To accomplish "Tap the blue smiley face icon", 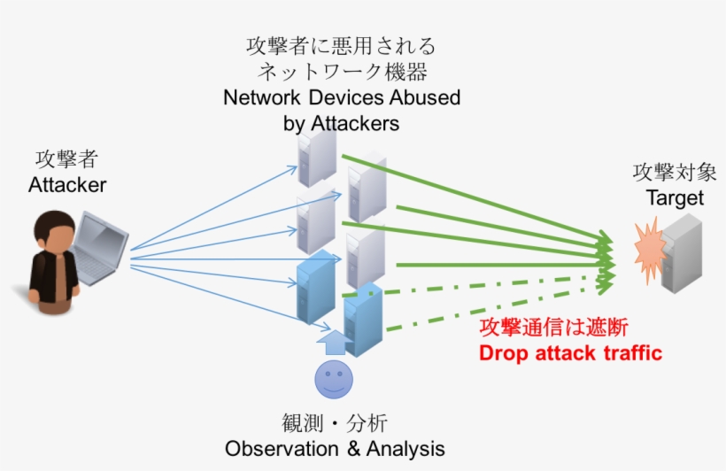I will coord(334,380).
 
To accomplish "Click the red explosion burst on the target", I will coord(650,247).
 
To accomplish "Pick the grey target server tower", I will coord(682,252).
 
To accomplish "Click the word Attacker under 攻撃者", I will coord(67,185).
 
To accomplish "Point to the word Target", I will coord(675,197).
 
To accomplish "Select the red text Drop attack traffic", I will coord(570,352).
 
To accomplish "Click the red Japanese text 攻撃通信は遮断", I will coord(553,327).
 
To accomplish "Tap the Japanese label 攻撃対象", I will coord(675,172).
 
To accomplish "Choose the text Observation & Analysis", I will coord(335,448).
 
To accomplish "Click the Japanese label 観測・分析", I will coord(334,422).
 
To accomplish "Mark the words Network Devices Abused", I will coord(342,97).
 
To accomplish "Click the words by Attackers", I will coord(341,123).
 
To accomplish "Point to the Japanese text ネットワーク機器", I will coord(341,71).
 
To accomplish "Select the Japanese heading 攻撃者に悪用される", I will coord(341,45).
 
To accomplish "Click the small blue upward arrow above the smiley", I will coord(333,339).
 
